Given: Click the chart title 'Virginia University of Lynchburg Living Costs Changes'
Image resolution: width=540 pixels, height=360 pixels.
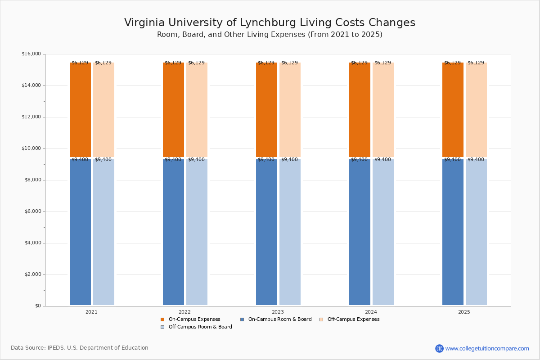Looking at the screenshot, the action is click(x=270, y=22).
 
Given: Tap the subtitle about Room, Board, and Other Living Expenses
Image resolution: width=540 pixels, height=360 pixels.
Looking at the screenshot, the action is click(x=270, y=35).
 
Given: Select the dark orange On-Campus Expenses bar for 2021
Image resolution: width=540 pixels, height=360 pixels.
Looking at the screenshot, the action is click(x=80, y=110).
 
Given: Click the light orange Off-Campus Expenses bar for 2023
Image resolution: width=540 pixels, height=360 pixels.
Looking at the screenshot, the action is click(x=290, y=110).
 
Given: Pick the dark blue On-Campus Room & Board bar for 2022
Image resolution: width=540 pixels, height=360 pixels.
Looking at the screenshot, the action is click(x=173, y=232).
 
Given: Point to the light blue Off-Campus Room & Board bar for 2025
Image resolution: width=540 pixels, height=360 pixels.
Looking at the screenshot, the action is click(x=476, y=232).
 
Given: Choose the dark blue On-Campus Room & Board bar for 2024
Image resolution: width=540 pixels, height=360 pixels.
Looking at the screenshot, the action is click(x=360, y=232).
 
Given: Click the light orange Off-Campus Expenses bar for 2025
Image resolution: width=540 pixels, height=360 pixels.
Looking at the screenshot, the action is click(x=476, y=110).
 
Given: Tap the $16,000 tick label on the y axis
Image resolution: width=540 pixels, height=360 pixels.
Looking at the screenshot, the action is click(x=31, y=54).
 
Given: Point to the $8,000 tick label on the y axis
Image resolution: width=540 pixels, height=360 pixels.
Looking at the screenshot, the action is click(x=33, y=180).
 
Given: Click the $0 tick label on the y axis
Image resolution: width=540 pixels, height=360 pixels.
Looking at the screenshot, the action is click(x=38, y=306).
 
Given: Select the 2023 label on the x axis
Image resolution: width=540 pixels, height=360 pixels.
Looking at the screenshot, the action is click(x=278, y=312).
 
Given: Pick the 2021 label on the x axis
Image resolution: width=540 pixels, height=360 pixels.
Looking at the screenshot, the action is click(x=91, y=312).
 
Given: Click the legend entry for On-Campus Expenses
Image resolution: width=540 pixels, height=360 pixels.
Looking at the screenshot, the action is click(x=190, y=319).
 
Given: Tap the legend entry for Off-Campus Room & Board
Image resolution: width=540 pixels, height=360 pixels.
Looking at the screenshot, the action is click(x=196, y=327).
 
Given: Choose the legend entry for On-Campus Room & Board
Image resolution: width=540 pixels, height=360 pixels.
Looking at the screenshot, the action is click(x=276, y=319).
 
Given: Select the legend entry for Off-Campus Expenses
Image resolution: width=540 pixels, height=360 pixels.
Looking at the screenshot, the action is click(x=349, y=319).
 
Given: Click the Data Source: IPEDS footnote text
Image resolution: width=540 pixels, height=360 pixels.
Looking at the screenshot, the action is click(x=80, y=348).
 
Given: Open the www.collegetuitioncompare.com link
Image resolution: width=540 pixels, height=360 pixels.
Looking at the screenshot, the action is click(x=487, y=348).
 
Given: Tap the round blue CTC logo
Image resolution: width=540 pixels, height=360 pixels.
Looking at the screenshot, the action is click(x=439, y=348).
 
